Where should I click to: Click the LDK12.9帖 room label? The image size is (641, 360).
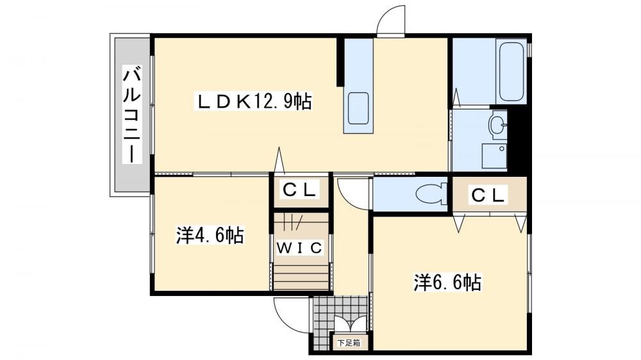(253, 102)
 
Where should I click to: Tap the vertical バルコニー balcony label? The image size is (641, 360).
(132, 116)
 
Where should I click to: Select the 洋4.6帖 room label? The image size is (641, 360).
(210, 235)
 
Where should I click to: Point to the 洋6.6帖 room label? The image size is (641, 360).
(447, 282)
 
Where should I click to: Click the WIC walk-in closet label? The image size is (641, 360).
(300, 247)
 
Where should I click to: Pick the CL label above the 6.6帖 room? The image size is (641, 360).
(488, 195)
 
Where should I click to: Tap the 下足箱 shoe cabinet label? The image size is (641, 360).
(349, 343)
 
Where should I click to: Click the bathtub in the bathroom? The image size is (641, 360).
(511, 72)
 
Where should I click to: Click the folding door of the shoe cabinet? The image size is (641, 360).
(349, 324)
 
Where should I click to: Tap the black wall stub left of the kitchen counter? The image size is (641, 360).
(340, 62)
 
